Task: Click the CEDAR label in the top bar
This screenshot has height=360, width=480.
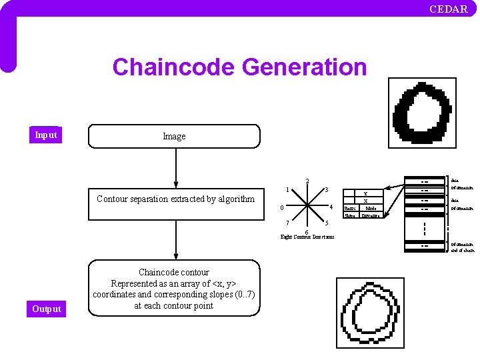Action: tap(448, 9)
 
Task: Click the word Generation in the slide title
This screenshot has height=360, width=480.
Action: tap(305, 67)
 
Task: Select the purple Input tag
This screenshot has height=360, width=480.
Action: tap(46, 135)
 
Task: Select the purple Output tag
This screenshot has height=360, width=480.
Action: tap(46, 309)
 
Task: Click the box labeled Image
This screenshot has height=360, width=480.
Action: tap(174, 136)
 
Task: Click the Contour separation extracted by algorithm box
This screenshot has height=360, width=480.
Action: tap(175, 199)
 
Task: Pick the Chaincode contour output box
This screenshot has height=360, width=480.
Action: tap(174, 289)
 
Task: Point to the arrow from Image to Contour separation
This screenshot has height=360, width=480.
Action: tap(176, 167)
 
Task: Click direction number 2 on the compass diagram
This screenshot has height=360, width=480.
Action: tap(307, 181)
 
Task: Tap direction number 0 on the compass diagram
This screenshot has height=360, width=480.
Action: tap(282, 207)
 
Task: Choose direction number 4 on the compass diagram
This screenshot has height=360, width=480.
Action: tap(331, 207)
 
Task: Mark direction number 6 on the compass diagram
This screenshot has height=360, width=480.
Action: tap(306, 231)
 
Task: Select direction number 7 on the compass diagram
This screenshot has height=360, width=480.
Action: tap(287, 223)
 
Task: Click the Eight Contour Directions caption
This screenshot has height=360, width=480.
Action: tap(307, 237)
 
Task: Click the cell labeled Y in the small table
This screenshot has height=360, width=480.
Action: tap(365, 193)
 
